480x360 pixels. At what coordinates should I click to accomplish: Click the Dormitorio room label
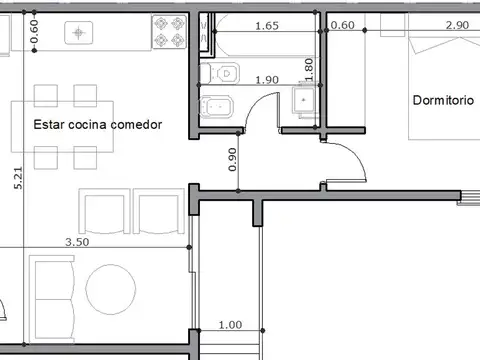(444, 100)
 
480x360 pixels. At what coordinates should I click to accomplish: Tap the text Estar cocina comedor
(97, 124)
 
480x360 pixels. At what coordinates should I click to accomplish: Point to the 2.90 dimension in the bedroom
(457, 26)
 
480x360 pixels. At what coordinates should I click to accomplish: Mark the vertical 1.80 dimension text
(309, 68)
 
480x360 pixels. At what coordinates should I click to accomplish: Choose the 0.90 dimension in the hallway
(233, 161)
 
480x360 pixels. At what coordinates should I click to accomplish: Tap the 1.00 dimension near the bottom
(230, 325)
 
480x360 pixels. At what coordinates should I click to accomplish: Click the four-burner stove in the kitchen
(170, 34)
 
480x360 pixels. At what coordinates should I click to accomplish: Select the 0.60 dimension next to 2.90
(342, 26)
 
